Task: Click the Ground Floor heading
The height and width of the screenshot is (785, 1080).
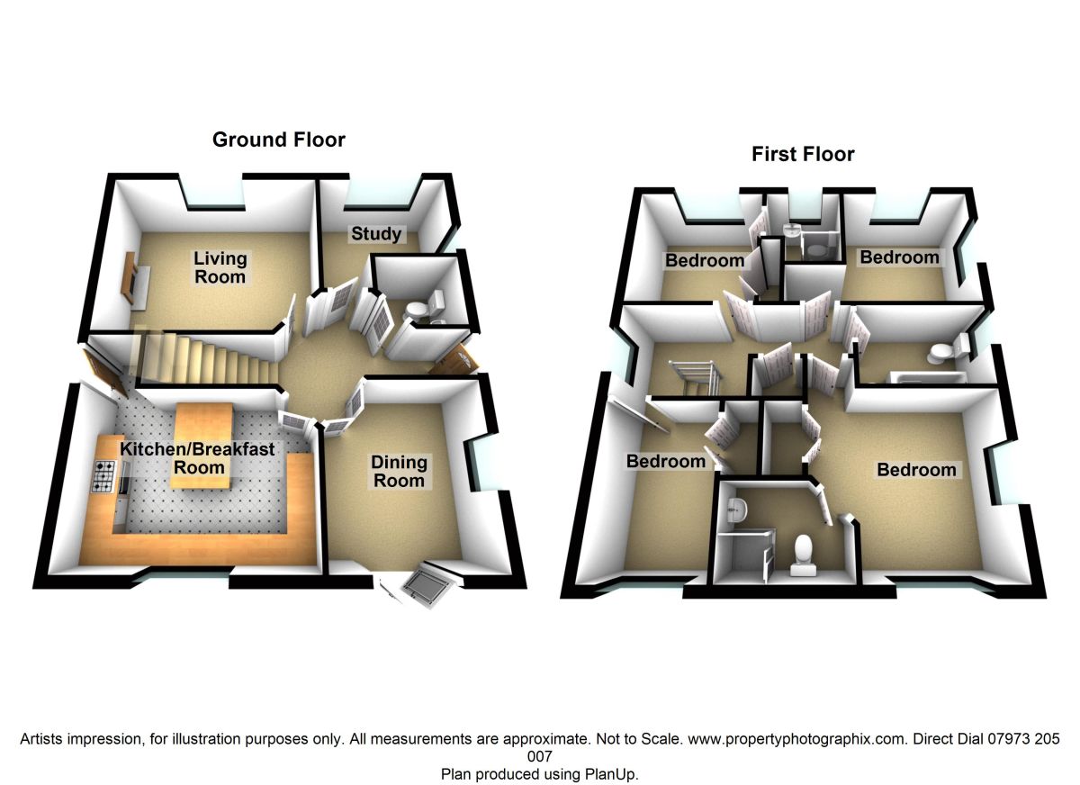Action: pyautogui.click(x=278, y=140)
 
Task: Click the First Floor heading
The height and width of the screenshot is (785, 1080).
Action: pyautogui.click(x=803, y=154)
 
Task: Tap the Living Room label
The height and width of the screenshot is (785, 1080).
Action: pyautogui.click(x=220, y=267)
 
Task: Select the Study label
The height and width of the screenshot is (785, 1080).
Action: pyautogui.click(x=376, y=234)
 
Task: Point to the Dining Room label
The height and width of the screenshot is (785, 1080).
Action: pyautogui.click(x=400, y=471)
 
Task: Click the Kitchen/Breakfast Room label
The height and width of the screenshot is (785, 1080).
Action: pyautogui.click(x=199, y=457)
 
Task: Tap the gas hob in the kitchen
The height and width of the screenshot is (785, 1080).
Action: pyautogui.click(x=104, y=477)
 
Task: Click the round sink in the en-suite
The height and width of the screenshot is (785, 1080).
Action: pyautogui.click(x=735, y=509)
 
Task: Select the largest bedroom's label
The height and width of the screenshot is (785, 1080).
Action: pyautogui.click(x=916, y=470)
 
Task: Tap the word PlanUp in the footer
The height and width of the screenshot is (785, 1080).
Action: pyautogui.click(x=612, y=773)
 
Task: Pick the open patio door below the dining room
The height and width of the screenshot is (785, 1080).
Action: pyautogui.click(x=428, y=584)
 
